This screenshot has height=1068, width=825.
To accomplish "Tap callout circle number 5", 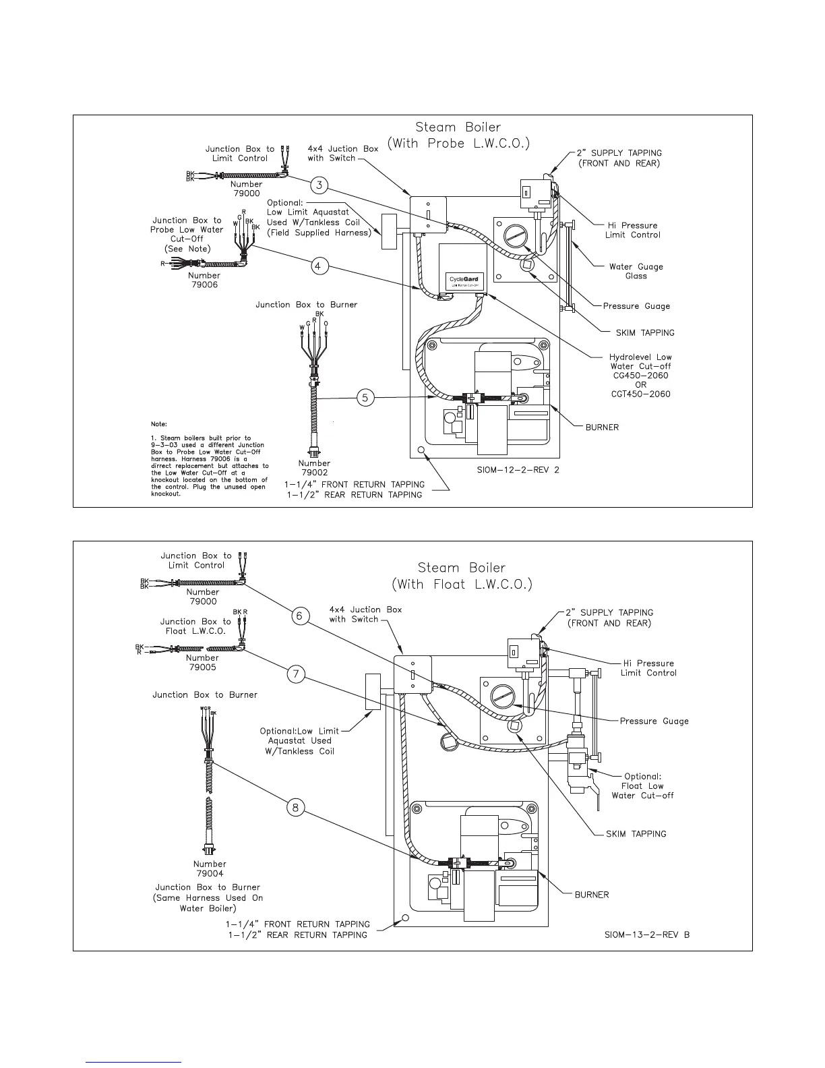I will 365,398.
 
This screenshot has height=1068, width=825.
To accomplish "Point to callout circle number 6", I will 301,616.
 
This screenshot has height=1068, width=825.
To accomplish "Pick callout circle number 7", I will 297,674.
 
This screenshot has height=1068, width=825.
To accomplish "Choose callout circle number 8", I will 296,807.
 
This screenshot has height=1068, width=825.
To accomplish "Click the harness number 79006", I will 204,285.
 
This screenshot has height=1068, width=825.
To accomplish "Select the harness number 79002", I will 314,473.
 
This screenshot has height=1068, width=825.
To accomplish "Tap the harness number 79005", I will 202,667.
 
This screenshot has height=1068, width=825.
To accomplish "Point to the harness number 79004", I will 210,874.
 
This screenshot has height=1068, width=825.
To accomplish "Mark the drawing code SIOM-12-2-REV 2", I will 514,471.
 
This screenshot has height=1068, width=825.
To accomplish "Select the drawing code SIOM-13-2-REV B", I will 647,934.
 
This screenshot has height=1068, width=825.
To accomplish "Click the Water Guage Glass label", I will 636,271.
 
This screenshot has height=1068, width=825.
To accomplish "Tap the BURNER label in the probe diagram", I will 601,427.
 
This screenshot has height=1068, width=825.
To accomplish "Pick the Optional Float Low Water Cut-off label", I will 642,786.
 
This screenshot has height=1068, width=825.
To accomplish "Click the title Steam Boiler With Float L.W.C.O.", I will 462,576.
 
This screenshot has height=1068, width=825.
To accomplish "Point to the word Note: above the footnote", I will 159,425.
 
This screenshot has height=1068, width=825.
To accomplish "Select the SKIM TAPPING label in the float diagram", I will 636,834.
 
